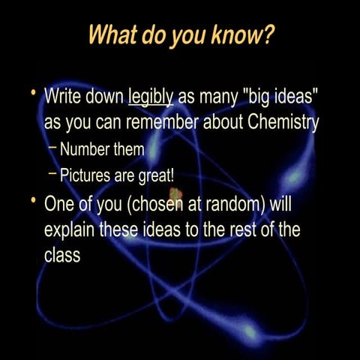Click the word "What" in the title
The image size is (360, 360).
111,35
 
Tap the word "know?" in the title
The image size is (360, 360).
243,35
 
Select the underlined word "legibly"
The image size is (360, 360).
151,97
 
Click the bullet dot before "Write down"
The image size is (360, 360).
33,93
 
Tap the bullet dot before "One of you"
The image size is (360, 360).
33,200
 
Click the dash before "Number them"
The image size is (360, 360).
52,149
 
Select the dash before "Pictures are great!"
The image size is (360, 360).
52,175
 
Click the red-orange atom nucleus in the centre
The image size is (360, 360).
175,196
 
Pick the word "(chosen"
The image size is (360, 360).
150,203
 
